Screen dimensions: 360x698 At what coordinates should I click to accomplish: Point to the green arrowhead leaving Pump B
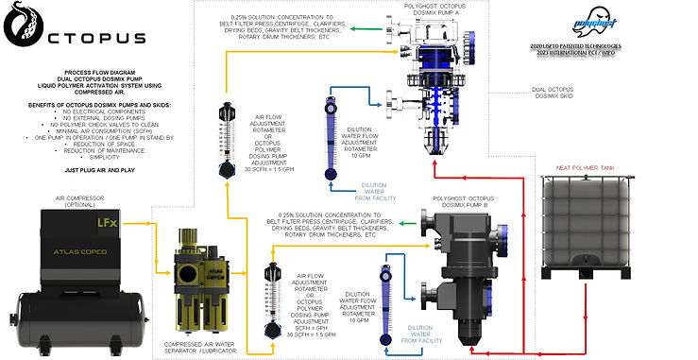coord(401,224)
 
